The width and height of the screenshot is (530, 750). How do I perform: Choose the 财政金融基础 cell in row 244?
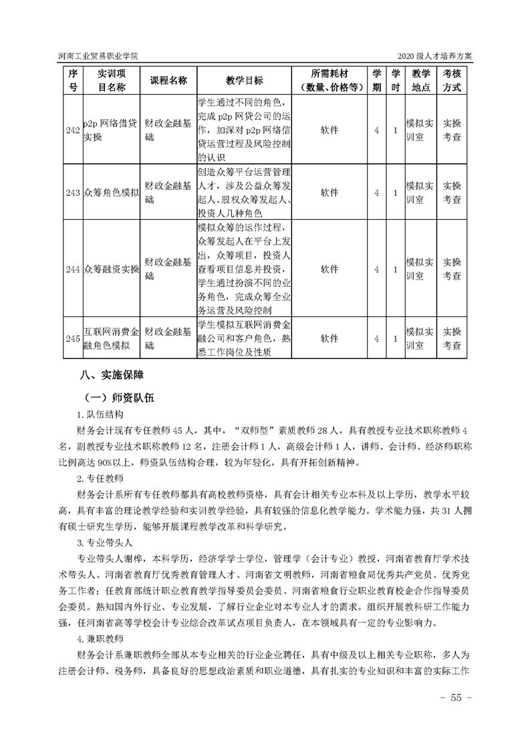point(168,269)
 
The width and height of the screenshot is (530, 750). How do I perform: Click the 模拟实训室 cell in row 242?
point(420,130)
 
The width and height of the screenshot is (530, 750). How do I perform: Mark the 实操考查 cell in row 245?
point(452,339)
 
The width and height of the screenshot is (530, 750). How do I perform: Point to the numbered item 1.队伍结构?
point(100,414)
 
